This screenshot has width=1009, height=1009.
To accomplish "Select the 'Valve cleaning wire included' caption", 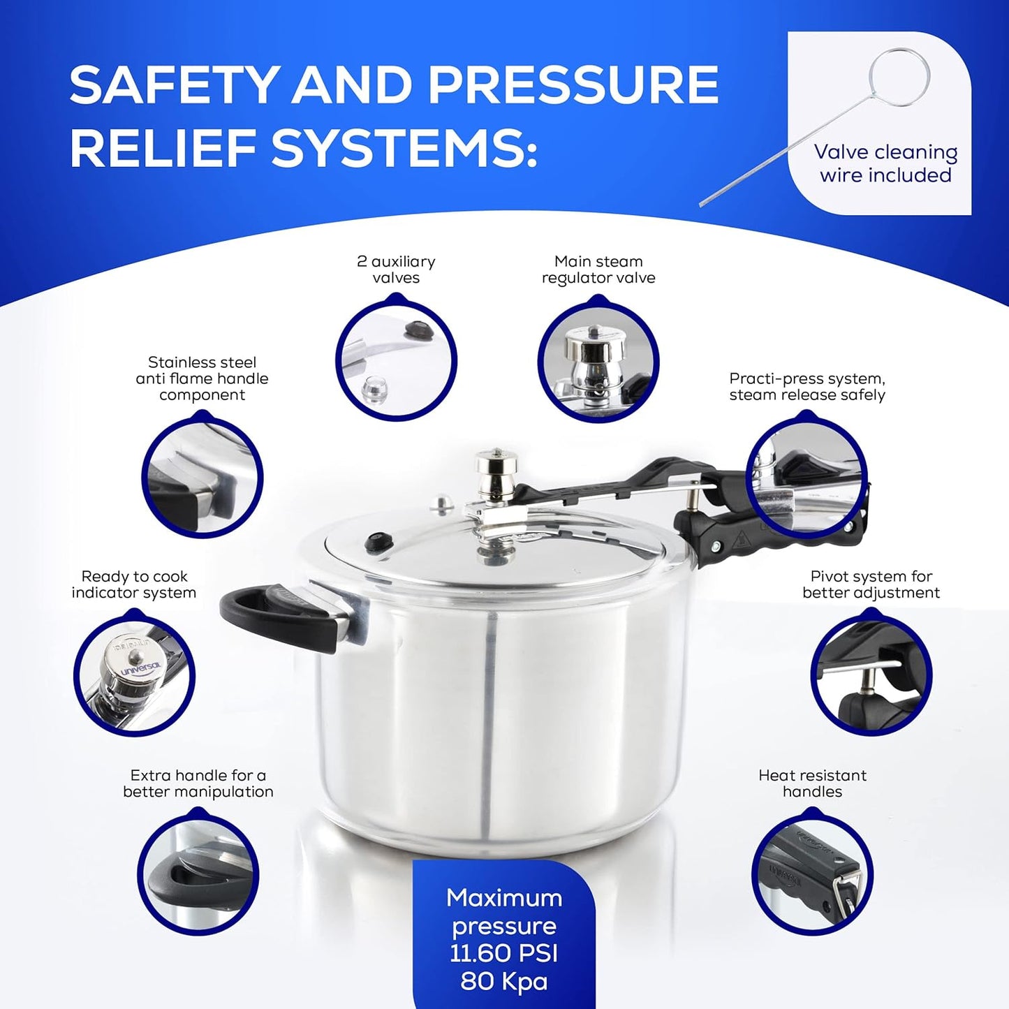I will [885, 163].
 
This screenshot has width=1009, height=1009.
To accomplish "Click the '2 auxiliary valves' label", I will [396, 270].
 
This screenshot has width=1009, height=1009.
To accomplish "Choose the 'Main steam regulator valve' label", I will [598, 270].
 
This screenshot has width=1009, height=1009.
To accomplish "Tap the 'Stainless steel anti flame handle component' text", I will [202, 378].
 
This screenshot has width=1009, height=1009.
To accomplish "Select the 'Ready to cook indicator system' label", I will [134, 584].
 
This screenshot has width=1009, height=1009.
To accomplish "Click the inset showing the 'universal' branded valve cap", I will [134, 673].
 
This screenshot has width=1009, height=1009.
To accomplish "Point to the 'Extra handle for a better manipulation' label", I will [198, 783].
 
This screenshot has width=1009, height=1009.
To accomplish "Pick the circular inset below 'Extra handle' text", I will [198, 873].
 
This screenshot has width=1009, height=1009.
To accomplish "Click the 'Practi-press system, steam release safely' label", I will [807, 387].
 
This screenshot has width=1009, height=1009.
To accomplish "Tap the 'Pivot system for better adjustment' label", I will [871, 584].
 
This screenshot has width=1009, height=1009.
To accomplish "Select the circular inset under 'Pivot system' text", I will [871, 673].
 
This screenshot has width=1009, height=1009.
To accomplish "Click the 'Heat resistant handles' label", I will [812, 783].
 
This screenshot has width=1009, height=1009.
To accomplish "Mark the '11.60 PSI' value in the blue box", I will [504, 954].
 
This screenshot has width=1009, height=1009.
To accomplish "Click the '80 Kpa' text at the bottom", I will [504, 982].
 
